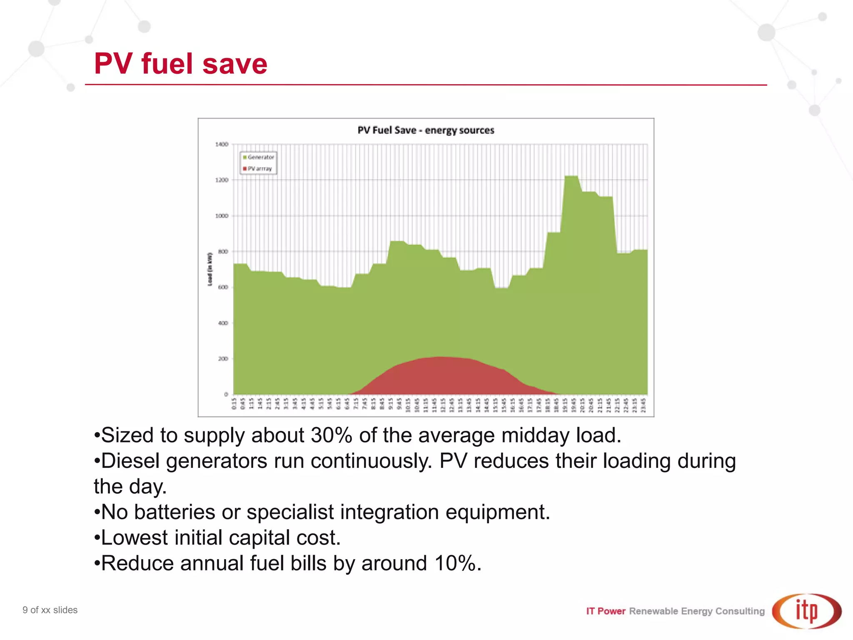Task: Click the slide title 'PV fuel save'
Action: [x=180, y=64]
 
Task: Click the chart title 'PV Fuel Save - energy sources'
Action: [x=426, y=130]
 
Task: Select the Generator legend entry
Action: [x=258, y=157]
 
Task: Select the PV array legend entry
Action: [x=257, y=169]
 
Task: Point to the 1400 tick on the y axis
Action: [x=222, y=144]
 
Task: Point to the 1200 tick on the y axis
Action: [x=222, y=180]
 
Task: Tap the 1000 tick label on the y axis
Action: [x=222, y=216]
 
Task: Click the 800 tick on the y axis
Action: [x=223, y=252]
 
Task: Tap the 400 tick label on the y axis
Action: [x=223, y=323]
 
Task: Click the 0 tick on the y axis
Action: [x=226, y=394]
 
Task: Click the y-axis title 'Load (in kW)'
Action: [x=210, y=269]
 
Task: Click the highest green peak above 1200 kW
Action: [x=571, y=177]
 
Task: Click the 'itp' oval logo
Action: [x=806, y=611]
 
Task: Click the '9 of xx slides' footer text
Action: [x=50, y=610]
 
